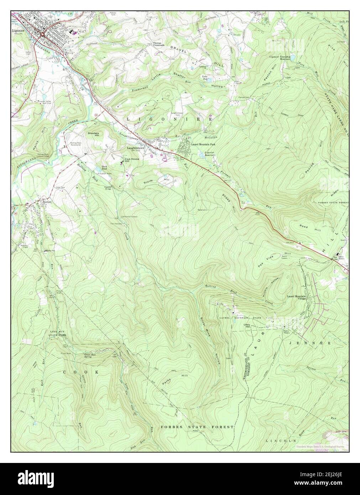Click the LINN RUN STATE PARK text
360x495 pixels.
click(x=58, y=334)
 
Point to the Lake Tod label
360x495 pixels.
click(x=205, y=78)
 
